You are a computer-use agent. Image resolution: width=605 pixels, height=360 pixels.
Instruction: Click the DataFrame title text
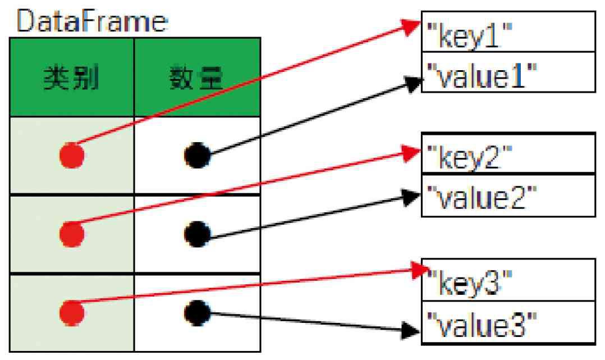coord(92,22)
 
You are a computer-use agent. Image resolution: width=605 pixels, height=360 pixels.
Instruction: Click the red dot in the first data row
coord(72,154)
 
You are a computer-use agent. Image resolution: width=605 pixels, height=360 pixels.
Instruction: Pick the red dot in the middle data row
coord(72,232)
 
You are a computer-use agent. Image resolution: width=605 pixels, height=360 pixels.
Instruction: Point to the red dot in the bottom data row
coord(72,311)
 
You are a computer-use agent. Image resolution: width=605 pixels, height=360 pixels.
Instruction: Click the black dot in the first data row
coord(198,154)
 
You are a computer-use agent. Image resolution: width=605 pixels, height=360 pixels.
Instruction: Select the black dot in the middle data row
coord(198,232)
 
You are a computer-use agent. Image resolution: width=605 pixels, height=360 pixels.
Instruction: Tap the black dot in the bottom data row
coord(198,311)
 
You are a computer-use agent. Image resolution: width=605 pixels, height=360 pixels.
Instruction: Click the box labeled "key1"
coord(508,39)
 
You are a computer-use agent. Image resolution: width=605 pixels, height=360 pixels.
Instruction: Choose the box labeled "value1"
coord(508,72)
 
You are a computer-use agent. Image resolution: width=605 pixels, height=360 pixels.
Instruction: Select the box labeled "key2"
coord(508,153)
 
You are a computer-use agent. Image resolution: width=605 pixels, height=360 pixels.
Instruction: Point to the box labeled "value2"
coord(508,195)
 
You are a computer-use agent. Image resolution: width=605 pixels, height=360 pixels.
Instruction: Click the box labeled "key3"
coord(508,279)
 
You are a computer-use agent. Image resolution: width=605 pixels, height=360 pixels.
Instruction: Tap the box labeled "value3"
coord(508,323)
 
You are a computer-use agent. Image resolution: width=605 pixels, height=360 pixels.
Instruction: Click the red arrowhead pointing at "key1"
coord(413,26)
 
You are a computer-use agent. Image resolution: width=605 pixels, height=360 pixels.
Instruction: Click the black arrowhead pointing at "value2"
coord(413,197)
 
